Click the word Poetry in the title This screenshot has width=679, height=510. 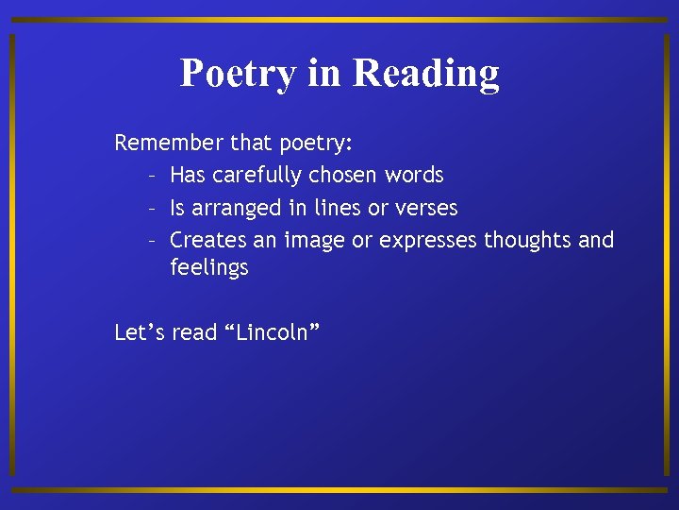tap(238, 73)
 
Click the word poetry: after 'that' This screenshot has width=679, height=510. tap(315, 143)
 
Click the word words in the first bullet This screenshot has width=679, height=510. tap(414, 176)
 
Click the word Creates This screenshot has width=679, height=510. tap(208, 240)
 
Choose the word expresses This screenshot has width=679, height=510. tap(428, 240)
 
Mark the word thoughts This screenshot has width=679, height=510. tap(527, 240)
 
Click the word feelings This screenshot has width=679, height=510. tap(208, 267)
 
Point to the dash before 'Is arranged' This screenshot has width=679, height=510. tap(151, 209)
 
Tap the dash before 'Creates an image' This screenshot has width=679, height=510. tap(151, 241)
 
